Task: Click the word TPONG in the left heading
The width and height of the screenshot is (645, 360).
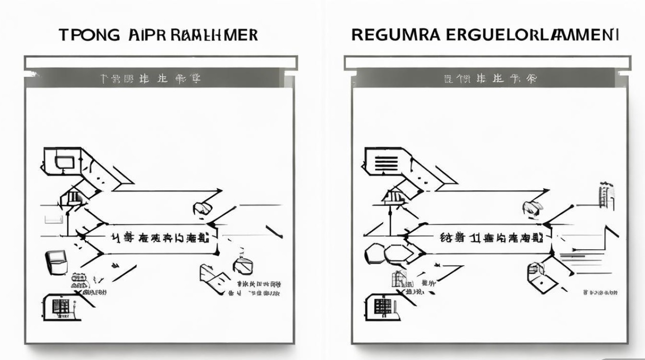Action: [89, 36]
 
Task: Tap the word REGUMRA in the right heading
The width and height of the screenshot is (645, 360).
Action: [389, 36]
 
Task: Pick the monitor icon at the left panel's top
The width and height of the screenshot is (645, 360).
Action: [62, 162]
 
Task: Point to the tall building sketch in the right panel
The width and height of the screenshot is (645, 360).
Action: [606, 196]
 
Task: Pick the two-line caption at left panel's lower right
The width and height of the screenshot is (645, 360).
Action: [258, 288]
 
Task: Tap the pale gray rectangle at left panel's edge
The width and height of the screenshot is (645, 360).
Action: [54, 220]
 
